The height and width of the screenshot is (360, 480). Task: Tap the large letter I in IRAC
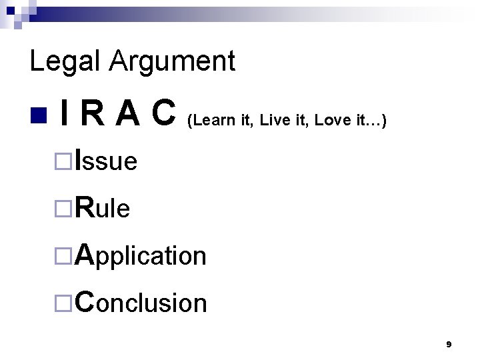tap(62, 114)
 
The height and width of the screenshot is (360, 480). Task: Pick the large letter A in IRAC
tap(125, 114)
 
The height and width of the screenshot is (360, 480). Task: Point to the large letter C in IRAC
tap(164, 114)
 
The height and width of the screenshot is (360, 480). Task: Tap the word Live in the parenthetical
tap(271, 121)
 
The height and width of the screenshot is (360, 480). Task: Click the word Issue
tap(107, 161)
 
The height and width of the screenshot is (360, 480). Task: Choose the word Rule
tap(103, 208)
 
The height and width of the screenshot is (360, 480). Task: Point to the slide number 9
tap(449, 345)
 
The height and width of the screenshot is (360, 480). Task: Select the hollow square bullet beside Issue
tap(63, 161)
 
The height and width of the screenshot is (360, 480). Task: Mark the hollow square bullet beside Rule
tap(63, 209)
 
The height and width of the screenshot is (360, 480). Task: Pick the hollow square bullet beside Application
tap(63, 255)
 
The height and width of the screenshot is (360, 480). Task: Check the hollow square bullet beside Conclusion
tap(63, 303)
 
